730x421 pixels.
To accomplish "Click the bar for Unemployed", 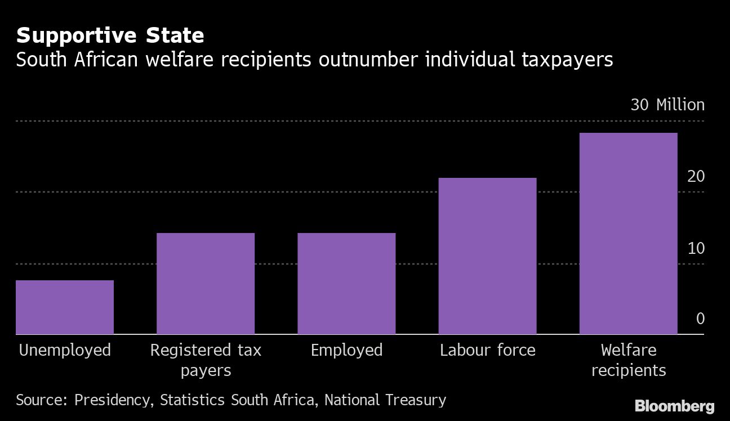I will [65, 307].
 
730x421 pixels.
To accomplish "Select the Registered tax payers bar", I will [206, 284].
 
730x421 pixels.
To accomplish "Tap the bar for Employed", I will [346, 284].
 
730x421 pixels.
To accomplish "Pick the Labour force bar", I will [487, 256].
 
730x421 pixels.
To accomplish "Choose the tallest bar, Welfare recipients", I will [628, 234].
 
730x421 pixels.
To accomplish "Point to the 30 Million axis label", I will [667, 105].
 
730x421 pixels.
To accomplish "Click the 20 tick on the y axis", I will [696, 176].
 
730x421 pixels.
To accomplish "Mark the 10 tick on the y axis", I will [696, 248].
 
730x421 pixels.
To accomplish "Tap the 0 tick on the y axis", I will [700, 319].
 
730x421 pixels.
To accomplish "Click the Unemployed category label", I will [65, 351].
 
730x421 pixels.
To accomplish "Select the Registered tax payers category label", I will [206, 360].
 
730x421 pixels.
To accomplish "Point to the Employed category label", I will [346, 350].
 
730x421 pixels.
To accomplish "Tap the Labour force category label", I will [487, 350].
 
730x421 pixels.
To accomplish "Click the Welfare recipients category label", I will [628, 360].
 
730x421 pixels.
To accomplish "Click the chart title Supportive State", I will [110, 36].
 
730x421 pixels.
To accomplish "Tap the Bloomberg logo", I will [674, 406].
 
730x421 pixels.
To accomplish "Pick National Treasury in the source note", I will [385, 400].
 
